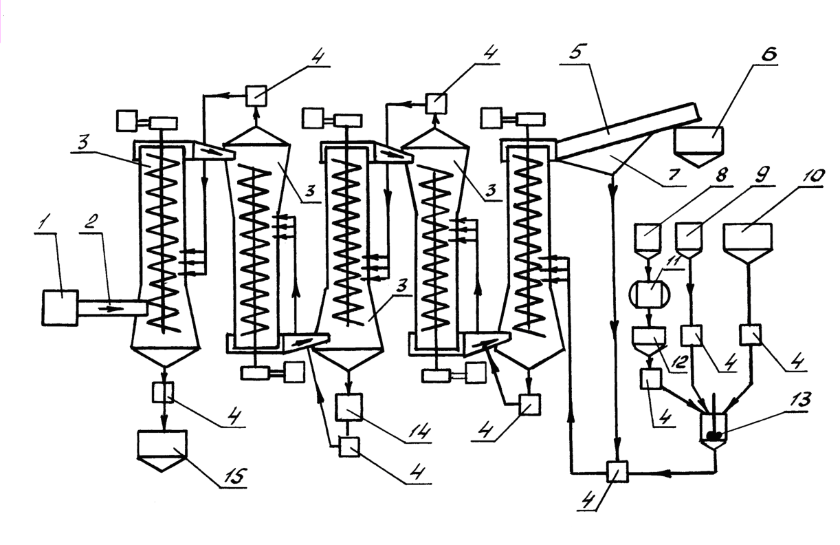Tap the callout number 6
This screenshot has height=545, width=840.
pyautogui.click(x=769, y=54)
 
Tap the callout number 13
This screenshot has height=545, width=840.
pyautogui.click(x=800, y=400)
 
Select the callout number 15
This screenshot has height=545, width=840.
pyautogui.click(x=236, y=475)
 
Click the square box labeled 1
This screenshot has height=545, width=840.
pyautogui.click(x=60, y=308)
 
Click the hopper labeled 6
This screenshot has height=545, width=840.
pyautogui.click(x=698, y=147)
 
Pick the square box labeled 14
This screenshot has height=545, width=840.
pyautogui.click(x=349, y=407)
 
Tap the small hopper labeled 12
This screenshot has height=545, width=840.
pyautogui.click(x=649, y=341)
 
